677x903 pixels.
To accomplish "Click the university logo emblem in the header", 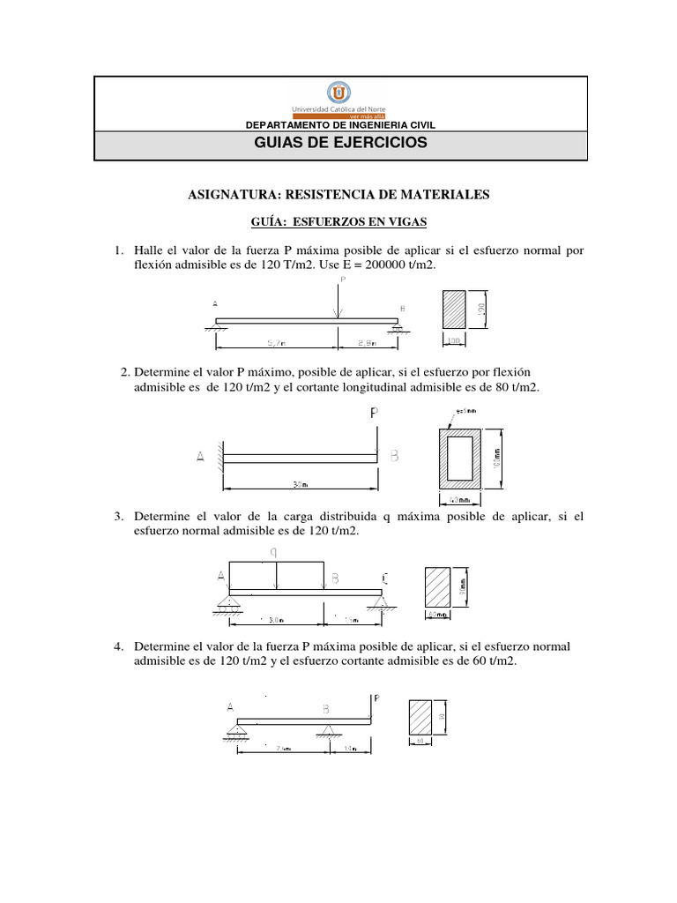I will pyautogui.click(x=338, y=93).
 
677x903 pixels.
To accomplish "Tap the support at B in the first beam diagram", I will pyautogui.click(x=398, y=327).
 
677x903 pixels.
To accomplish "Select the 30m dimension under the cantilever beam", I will pyautogui.click(x=300, y=484).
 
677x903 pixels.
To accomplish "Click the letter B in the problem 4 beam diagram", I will pyautogui.click(x=326, y=708).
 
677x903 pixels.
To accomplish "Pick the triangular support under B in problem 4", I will pyautogui.click(x=327, y=728).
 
